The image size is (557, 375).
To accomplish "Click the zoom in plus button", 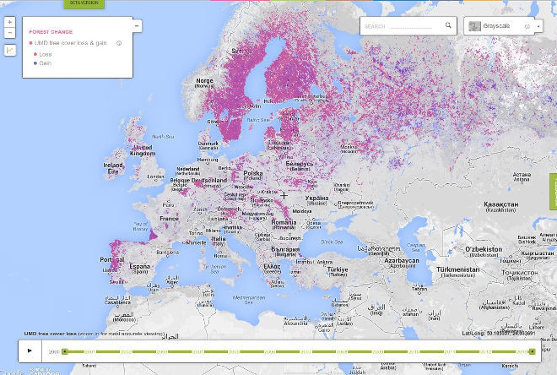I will [x=9, y=22].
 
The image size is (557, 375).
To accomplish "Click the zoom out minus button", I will [x=9, y=33].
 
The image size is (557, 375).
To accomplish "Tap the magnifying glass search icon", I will [x=447, y=26].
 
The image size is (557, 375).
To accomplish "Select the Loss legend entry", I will [x=44, y=54].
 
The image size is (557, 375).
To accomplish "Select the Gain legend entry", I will [x=44, y=62].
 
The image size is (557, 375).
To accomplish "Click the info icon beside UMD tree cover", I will [x=119, y=42].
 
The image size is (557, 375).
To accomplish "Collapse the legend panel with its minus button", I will [x=137, y=26].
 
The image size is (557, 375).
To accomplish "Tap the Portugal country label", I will [x=111, y=259].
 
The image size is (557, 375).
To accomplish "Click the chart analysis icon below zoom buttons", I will [x=9, y=50].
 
